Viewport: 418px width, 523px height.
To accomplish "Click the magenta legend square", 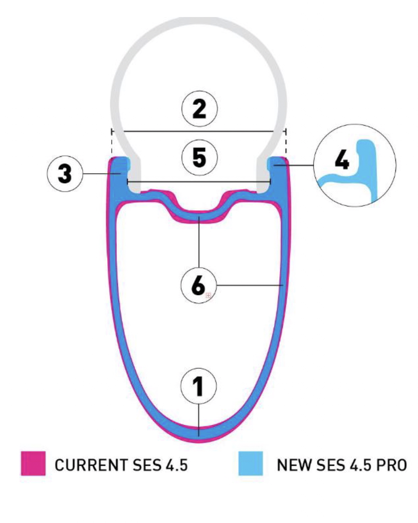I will [34, 463].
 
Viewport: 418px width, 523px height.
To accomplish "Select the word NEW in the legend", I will [291, 464].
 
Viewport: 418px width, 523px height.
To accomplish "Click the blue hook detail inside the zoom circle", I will [368, 165].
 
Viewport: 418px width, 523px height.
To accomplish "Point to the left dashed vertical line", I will [110, 143].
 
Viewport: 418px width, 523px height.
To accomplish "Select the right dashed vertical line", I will [286, 143].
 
